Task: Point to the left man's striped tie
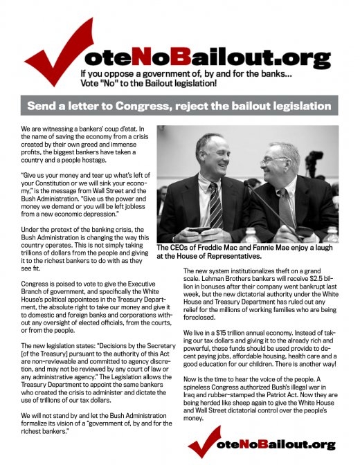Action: point(215,201)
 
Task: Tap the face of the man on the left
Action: point(210,154)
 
